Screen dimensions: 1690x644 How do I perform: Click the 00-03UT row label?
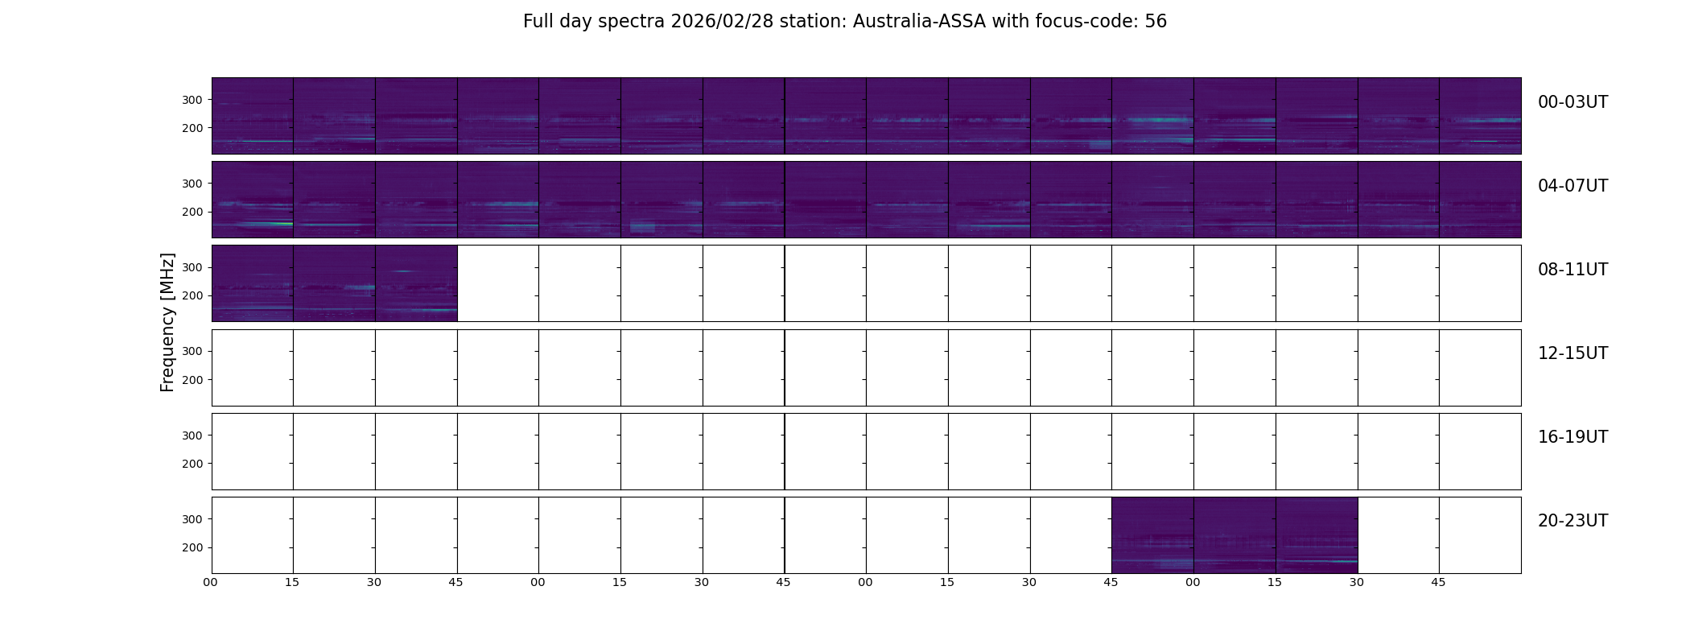coord(1573,102)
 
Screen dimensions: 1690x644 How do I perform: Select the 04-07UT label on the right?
coord(1573,186)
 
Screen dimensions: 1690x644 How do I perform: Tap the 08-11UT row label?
coord(1573,270)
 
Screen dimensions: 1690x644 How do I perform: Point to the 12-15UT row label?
coord(1573,353)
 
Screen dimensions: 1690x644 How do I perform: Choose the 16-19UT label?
coord(1573,437)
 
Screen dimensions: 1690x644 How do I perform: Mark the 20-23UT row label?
coord(1573,521)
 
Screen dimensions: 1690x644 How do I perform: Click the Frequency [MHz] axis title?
coord(167,322)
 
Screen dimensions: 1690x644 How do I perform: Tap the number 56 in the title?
coord(1156,22)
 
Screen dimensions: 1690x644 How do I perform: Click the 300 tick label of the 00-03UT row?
coord(192,100)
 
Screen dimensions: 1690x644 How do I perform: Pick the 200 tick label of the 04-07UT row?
coord(192,212)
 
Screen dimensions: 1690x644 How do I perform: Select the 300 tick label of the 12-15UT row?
coord(192,351)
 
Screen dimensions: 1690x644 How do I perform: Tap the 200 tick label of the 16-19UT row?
coord(192,464)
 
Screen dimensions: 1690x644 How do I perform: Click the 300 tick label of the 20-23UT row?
coord(192,519)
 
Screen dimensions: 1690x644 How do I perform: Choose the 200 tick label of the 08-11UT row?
coord(192,295)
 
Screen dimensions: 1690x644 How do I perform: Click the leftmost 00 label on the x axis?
coord(211,583)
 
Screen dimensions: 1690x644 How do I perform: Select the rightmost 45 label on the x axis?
coord(1438,583)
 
